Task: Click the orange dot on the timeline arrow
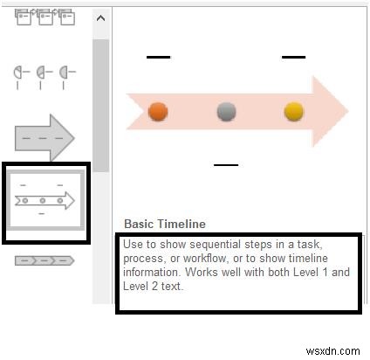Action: point(158,111)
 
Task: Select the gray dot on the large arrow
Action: point(227,111)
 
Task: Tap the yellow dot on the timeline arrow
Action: point(294,111)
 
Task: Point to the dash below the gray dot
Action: point(226,163)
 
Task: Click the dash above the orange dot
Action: point(158,57)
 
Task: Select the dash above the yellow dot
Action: point(294,57)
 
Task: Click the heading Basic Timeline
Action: point(165,224)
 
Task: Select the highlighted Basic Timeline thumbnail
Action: point(45,200)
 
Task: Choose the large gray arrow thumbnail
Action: point(45,137)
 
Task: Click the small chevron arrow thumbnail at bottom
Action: point(45,260)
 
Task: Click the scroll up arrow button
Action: point(100,18)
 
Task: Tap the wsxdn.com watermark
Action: point(339,349)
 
